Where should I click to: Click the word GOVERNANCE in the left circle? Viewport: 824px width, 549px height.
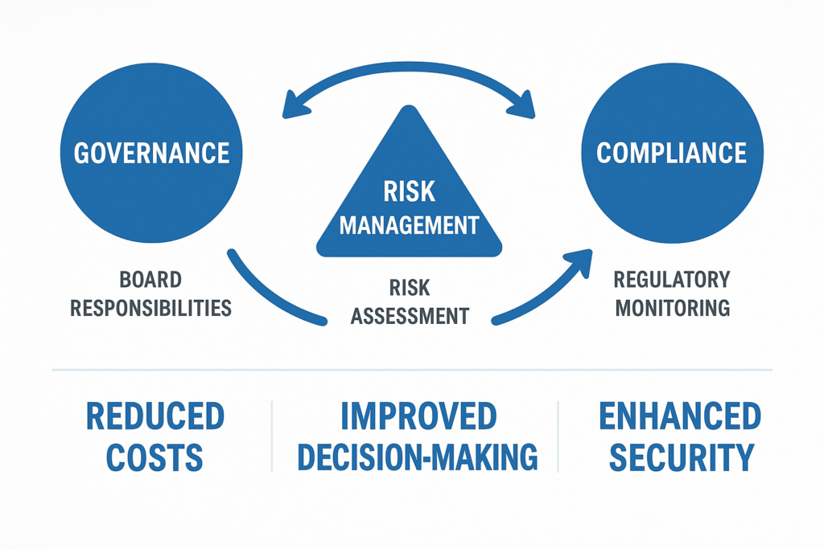(x=151, y=153)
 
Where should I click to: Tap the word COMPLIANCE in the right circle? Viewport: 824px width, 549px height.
(x=671, y=153)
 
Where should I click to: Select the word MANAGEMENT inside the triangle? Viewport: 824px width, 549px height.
(x=409, y=224)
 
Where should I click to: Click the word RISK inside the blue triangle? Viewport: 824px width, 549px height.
(x=409, y=191)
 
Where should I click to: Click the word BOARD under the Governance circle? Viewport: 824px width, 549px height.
(x=150, y=281)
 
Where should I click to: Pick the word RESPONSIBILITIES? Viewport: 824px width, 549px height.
(x=150, y=308)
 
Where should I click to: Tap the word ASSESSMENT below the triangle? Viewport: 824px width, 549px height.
(x=409, y=316)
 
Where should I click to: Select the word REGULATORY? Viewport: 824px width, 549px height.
(x=671, y=281)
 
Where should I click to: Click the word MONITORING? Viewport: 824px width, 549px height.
(x=671, y=308)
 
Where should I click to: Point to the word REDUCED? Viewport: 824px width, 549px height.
(x=154, y=416)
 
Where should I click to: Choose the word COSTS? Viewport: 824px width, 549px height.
(x=154, y=457)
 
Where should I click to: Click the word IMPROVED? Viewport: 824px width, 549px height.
(x=418, y=416)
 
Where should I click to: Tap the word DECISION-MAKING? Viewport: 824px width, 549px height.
(x=418, y=457)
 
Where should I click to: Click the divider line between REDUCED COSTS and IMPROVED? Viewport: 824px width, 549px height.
(x=272, y=436)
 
